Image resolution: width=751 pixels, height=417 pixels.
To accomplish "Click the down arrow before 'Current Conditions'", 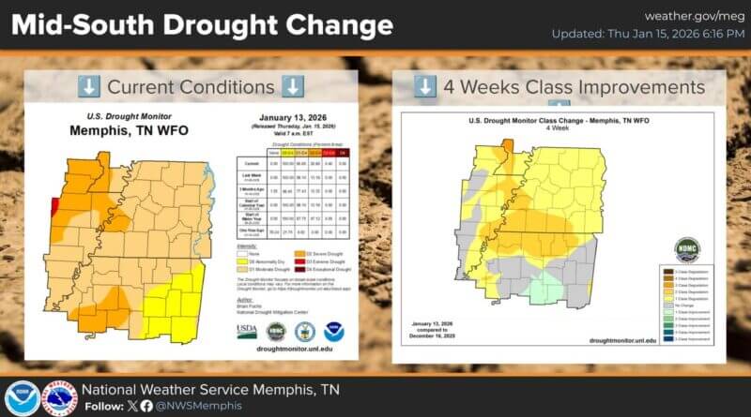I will [x=88, y=87].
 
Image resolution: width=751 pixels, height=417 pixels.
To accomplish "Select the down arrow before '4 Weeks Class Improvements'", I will [x=424, y=87].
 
